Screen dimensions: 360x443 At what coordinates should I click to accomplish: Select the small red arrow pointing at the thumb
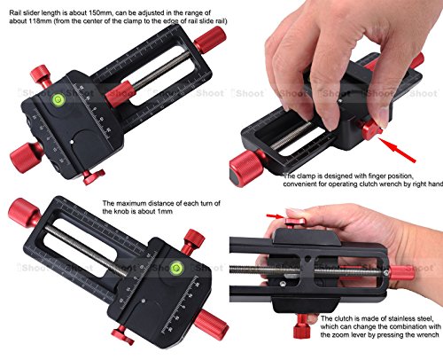pyautogui.click(x=277, y=214)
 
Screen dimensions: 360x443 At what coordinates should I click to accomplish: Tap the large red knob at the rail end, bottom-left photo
pyautogui.click(x=20, y=212)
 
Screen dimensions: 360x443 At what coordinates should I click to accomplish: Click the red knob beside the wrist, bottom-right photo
pyautogui.click(x=401, y=272)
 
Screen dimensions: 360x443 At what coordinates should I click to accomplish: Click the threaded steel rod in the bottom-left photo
pyautogui.click(x=97, y=239)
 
